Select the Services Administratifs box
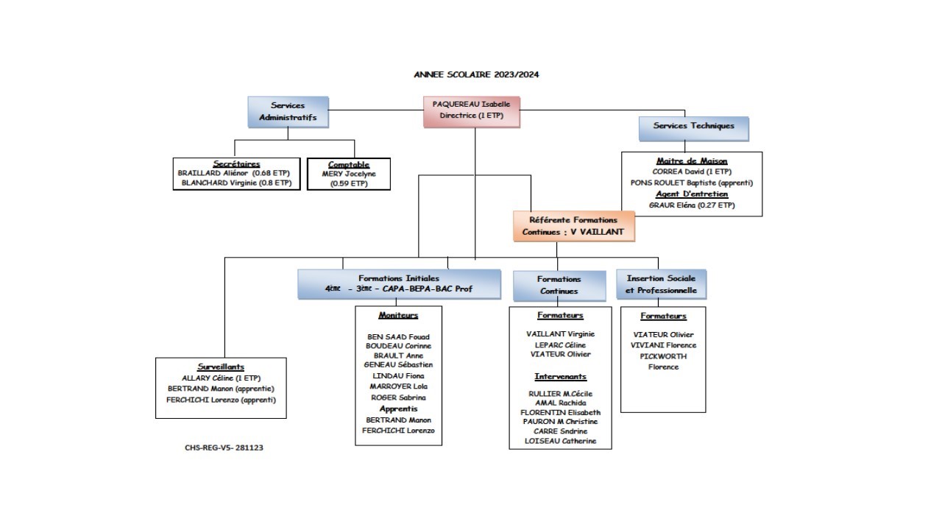[288, 112]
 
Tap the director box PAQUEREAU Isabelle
[471, 110]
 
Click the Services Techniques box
[693, 127]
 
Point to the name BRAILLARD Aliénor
[213, 173]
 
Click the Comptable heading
[349, 164]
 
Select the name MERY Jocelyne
[349, 174]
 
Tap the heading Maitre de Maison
[692, 161]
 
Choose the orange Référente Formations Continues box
[573, 226]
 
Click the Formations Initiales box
[399, 284]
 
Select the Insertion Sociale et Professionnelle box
[661, 284]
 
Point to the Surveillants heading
[221, 367]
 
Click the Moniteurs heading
[398, 315]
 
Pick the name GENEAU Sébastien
[398, 364]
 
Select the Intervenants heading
[560, 377]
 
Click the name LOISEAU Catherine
[560, 442]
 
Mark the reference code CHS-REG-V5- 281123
[224, 448]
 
